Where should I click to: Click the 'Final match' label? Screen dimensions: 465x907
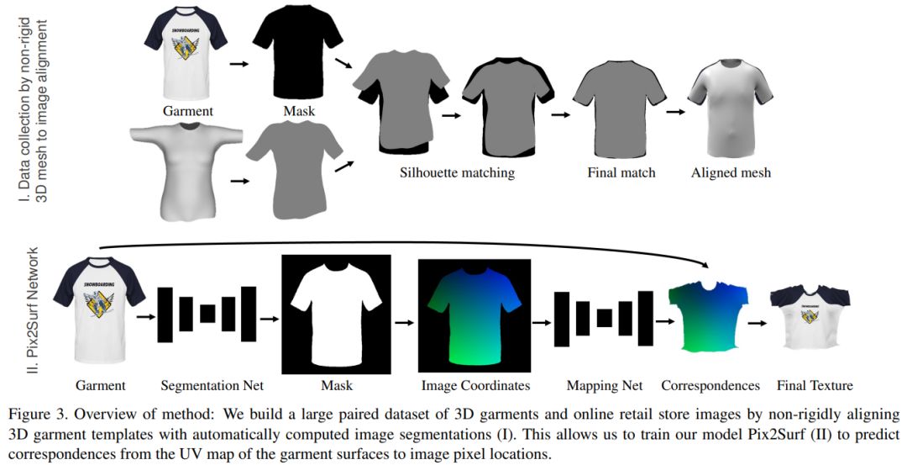621,173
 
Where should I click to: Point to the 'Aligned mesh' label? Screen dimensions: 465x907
731,173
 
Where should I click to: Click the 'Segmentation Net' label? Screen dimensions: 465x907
212,386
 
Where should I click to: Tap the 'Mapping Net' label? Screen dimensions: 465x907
605,386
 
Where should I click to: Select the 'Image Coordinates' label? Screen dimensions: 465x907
475,386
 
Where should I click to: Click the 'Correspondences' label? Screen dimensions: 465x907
710,386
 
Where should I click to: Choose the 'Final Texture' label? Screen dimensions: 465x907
815,386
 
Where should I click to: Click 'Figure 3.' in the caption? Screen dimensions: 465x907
37,415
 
